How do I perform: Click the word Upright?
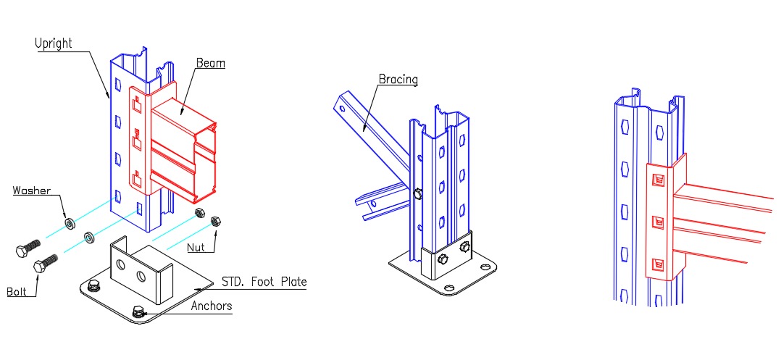point(54,43)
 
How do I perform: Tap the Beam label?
point(210,63)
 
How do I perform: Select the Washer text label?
point(31,191)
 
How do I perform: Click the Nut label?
point(196,248)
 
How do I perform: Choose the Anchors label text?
point(212,305)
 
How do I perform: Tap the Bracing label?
point(398,79)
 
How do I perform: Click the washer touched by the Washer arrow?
point(70,222)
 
